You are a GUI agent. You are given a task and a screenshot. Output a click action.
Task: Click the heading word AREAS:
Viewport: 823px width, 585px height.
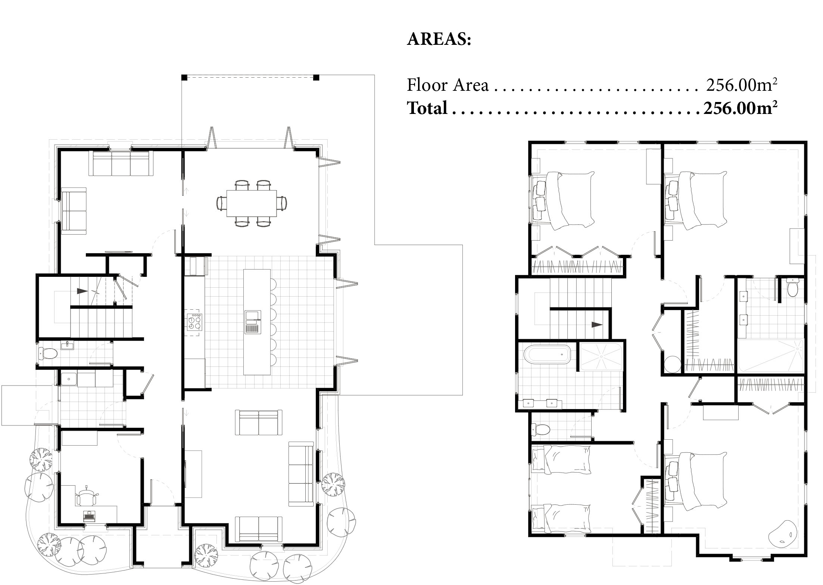pos(439,39)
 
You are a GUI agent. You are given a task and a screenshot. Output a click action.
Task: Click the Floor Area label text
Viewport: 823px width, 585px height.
pos(448,85)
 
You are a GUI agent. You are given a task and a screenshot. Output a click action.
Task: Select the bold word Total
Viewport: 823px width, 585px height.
pos(427,108)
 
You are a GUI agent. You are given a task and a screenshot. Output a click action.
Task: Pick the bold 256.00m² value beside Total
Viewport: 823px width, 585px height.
pos(741,108)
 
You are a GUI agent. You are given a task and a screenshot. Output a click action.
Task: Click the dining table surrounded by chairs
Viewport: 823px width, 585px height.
pos(252,203)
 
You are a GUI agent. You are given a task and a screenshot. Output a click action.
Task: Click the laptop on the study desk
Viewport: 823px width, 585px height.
pos(89,516)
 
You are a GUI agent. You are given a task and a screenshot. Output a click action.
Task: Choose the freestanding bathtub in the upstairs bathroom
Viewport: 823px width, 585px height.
pos(547,355)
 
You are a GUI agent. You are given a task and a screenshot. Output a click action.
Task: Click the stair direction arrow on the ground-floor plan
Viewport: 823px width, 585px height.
pos(82,291)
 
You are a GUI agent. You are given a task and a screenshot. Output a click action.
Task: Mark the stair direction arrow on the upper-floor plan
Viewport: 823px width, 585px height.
pos(597,325)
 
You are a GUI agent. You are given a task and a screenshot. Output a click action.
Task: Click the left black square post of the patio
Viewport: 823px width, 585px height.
pos(184,78)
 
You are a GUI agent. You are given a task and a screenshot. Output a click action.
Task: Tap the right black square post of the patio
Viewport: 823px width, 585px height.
pos(316,78)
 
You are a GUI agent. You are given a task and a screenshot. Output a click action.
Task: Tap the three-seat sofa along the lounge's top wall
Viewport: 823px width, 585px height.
pos(121,163)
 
